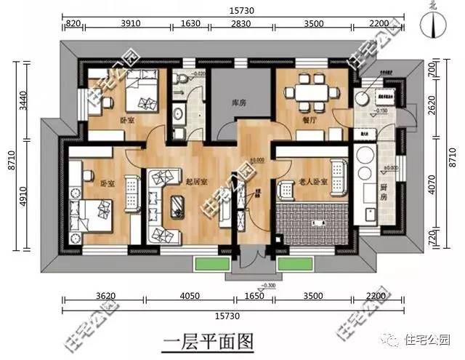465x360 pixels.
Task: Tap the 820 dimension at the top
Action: click(72, 24)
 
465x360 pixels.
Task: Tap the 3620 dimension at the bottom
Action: click(107, 297)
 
